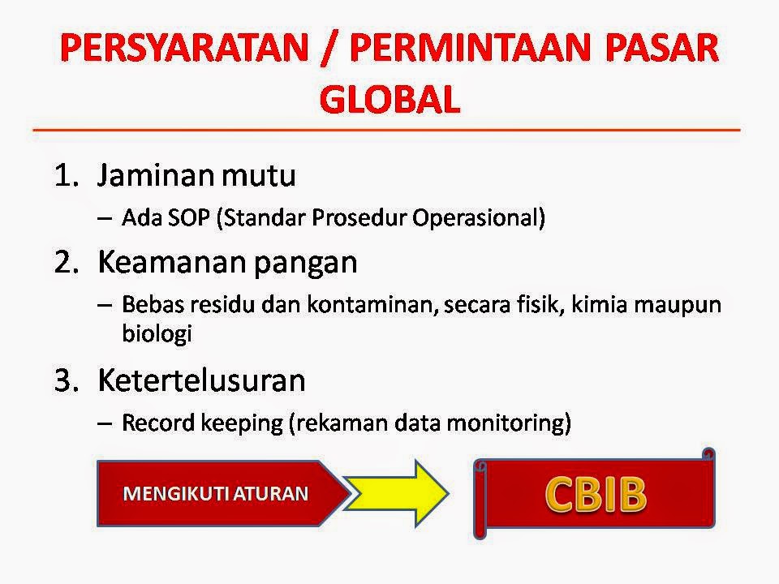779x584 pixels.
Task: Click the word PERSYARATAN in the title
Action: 184,48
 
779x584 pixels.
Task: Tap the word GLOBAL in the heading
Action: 390,99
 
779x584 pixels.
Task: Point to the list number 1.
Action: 67,175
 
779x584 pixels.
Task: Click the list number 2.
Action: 67,262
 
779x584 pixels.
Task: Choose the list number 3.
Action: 67,381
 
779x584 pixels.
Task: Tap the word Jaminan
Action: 156,175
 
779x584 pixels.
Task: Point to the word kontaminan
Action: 372,304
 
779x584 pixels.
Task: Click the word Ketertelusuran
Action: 201,381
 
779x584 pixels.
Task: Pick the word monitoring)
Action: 509,423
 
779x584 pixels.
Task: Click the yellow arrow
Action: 396,493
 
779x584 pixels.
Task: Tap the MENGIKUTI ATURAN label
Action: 216,494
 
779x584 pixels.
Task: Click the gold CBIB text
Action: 596,495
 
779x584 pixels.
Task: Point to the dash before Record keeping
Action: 105,424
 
